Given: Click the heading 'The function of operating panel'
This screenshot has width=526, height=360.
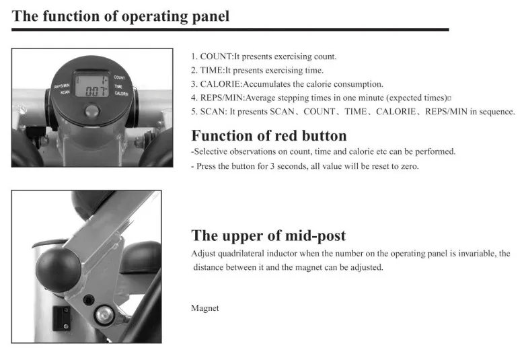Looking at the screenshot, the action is (120, 16).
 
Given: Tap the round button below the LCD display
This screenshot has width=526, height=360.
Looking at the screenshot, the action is (92, 110).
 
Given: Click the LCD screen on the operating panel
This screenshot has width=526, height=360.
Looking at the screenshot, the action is (92, 85).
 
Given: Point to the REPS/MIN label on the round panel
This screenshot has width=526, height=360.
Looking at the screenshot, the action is (62, 86).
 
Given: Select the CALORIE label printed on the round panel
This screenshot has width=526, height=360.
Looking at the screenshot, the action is (122, 94).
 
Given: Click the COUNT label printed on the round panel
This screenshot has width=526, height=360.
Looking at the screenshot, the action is (120, 77).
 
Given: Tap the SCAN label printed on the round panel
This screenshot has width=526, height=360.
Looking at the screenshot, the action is (65, 92).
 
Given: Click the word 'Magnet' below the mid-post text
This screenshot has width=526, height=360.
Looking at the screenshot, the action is (205, 308).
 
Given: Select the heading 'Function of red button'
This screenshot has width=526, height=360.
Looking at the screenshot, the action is (269, 135).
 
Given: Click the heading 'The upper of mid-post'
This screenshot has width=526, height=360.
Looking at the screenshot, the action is (268, 236).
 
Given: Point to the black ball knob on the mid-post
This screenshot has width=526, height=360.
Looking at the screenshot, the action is (59, 269).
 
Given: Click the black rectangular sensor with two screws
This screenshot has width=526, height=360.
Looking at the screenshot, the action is (61, 318).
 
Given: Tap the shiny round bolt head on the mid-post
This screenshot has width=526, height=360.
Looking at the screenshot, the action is (105, 314).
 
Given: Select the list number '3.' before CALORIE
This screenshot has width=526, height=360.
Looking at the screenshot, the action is (194, 84).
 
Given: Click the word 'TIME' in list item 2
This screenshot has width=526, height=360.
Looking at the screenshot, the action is (211, 70).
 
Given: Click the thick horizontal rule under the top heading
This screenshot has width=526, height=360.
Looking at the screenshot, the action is (230, 30).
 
